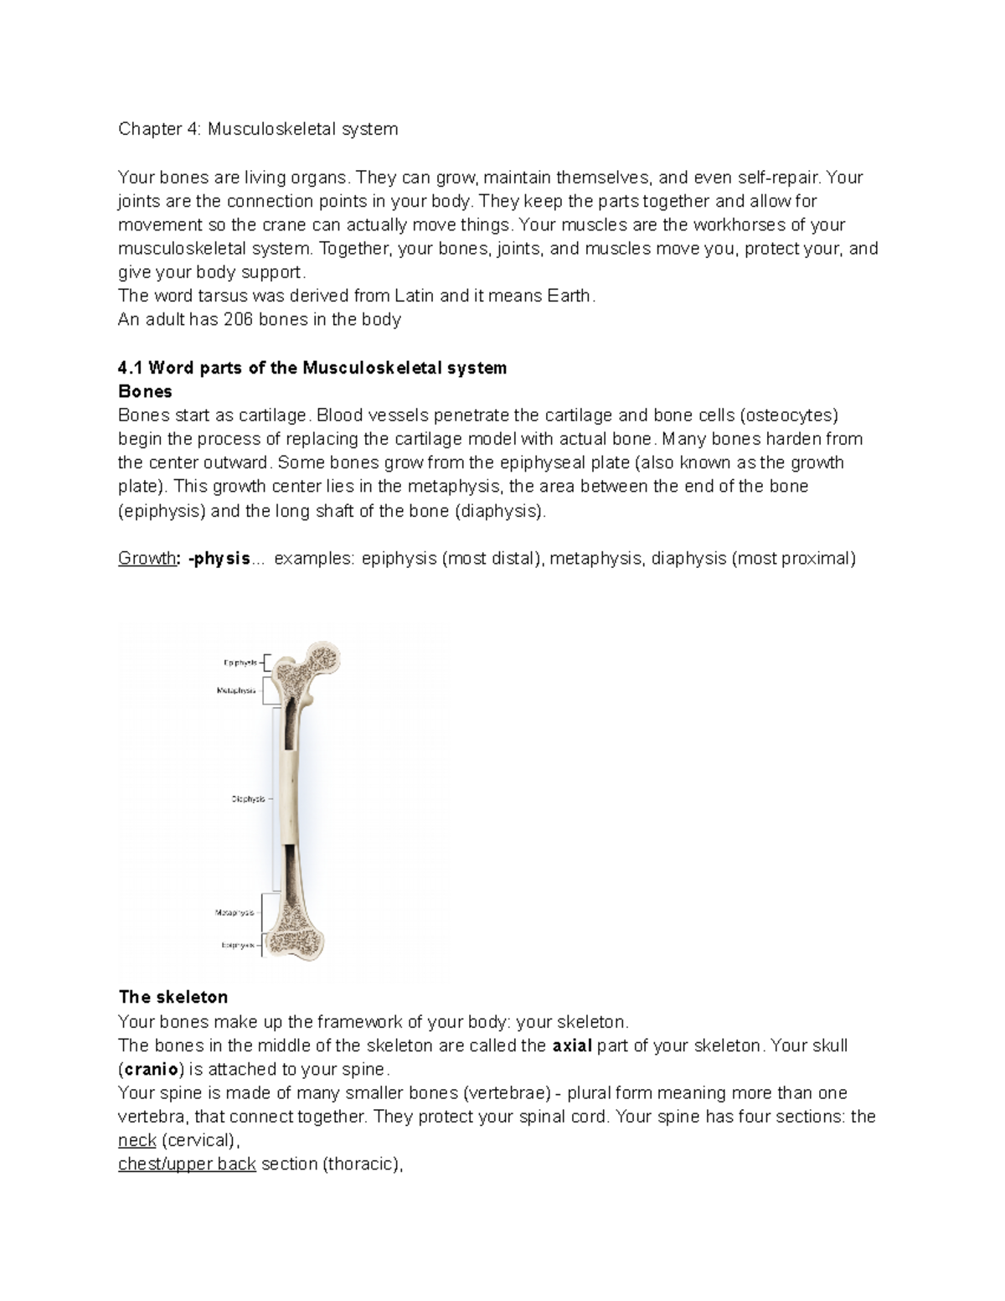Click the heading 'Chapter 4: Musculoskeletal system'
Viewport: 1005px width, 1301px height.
pos(258,129)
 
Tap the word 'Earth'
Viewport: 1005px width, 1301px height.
pos(569,296)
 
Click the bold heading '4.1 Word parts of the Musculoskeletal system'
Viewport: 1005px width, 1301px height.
pos(312,368)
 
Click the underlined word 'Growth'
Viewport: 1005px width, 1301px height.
pos(147,559)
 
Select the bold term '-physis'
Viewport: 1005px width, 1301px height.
pos(219,559)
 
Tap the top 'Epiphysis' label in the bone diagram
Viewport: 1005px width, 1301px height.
pos(240,663)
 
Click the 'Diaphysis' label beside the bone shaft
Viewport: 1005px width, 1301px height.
pos(247,799)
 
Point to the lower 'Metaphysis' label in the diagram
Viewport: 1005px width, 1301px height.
pos(235,912)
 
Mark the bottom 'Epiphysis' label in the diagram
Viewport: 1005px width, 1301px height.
pos(238,945)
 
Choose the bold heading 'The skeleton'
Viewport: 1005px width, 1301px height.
pos(173,997)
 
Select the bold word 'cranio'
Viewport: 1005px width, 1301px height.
pos(148,1069)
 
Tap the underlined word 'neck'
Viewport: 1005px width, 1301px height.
pos(137,1140)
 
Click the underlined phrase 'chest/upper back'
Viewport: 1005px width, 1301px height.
pos(187,1164)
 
